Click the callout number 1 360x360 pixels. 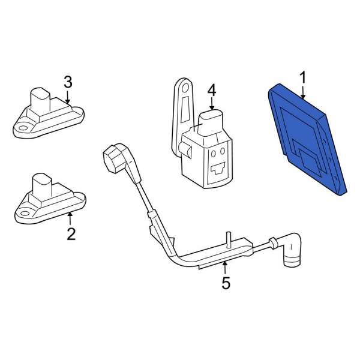click(303, 77)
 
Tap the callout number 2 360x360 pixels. click(71, 234)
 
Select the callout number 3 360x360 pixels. click(68, 82)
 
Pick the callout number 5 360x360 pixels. click(226, 283)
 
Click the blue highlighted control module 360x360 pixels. click(308, 140)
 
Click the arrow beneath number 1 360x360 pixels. click(303, 92)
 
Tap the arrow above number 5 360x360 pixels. click(225, 268)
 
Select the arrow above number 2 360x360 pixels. click(70, 218)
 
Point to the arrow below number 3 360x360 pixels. click(67, 97)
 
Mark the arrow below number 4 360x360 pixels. click(212, 104)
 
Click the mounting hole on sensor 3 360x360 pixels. click(23, 128)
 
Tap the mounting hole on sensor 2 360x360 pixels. click(25, 214)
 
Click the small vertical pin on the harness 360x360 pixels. click(228, 239)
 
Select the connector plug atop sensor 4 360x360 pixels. click(210, 123)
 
